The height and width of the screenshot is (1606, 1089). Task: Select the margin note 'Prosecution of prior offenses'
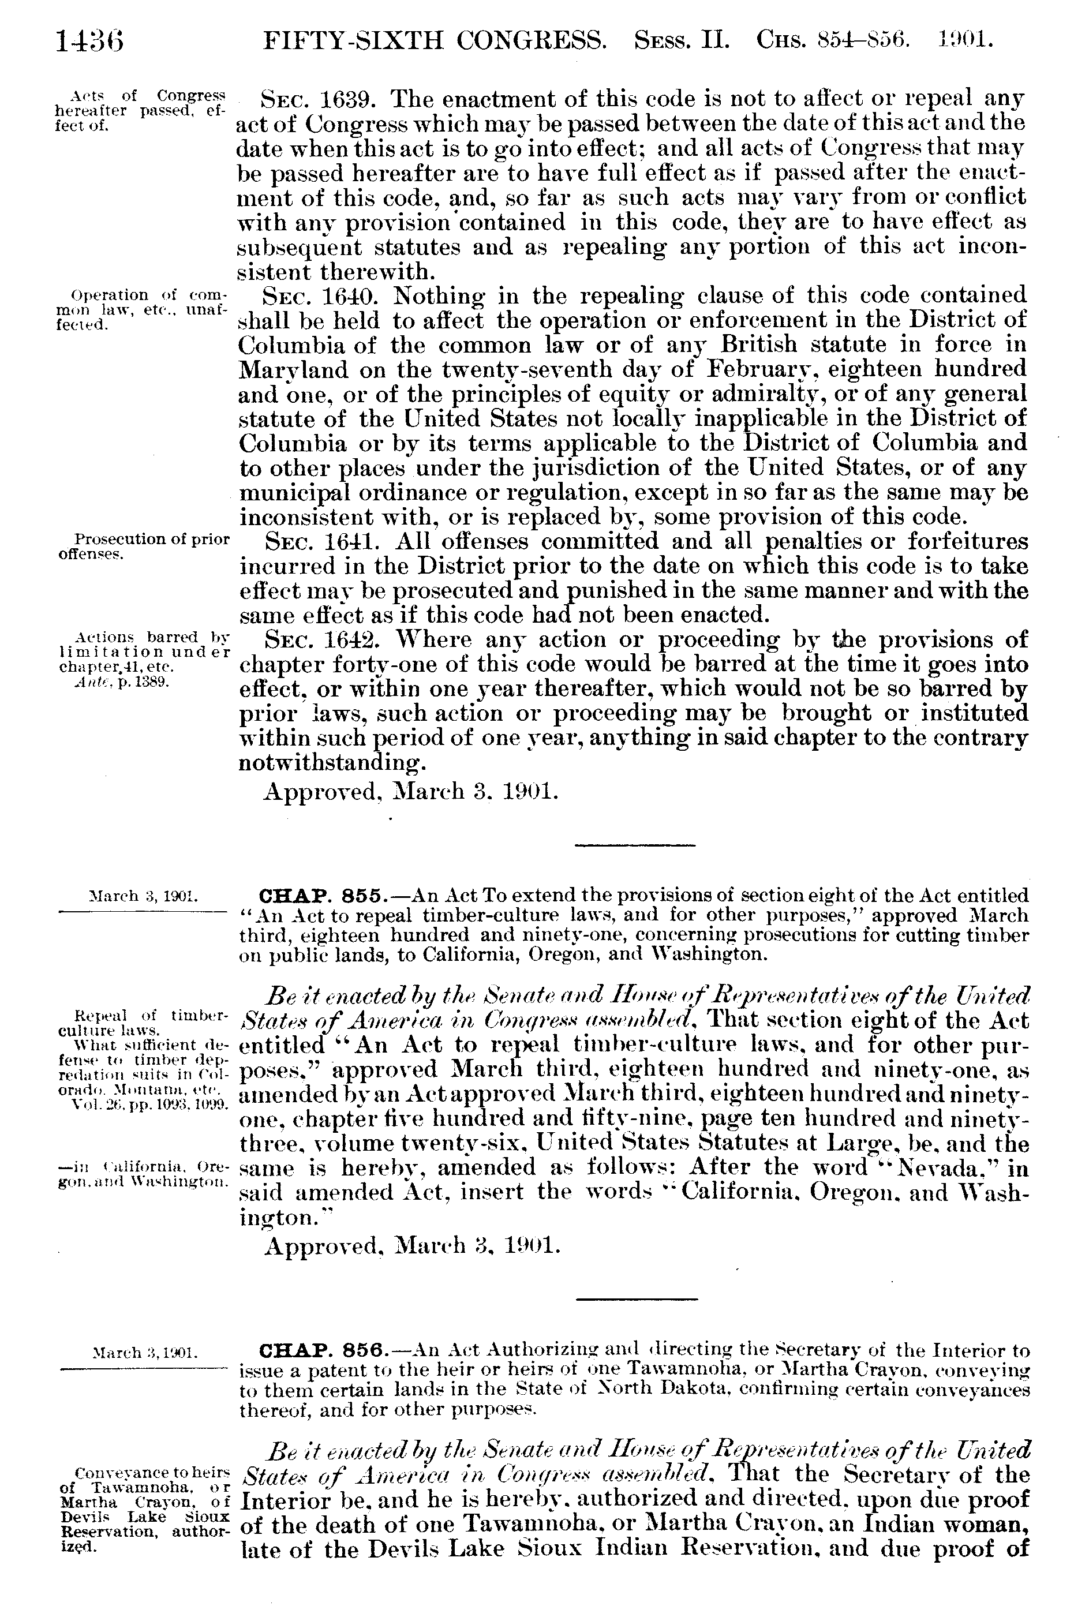tap(141, 546)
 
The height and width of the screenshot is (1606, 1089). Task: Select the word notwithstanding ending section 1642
tap(330, 763)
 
